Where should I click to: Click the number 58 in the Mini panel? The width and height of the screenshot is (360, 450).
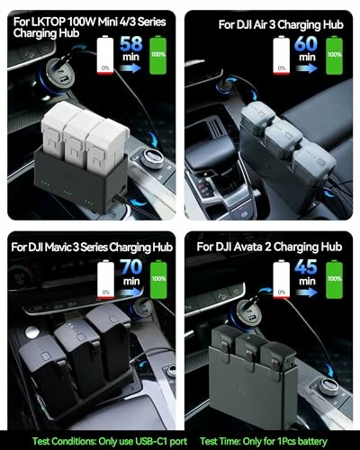click(131, 44)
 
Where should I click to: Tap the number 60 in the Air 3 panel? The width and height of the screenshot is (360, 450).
click(306, 44)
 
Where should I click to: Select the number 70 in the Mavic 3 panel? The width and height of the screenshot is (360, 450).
click(131, 266)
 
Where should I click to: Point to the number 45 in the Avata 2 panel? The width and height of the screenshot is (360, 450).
click(306, 266)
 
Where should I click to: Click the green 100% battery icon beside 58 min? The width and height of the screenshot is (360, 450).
click(158, 55)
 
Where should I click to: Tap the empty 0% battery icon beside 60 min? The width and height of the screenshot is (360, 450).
click(282, 55)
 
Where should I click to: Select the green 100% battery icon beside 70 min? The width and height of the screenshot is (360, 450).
click(158, 280)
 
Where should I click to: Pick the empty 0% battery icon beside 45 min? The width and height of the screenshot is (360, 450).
click(282, 280)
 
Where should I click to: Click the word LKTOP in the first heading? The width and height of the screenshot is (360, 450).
click(47, 22)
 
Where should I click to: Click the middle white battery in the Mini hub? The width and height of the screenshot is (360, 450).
click(78, 134)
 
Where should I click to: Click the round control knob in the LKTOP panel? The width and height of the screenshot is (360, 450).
click(152, 158)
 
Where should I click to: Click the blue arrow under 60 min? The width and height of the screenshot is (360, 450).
click(306, 68)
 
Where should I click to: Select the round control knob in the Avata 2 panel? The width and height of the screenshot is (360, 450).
click(328, 386)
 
